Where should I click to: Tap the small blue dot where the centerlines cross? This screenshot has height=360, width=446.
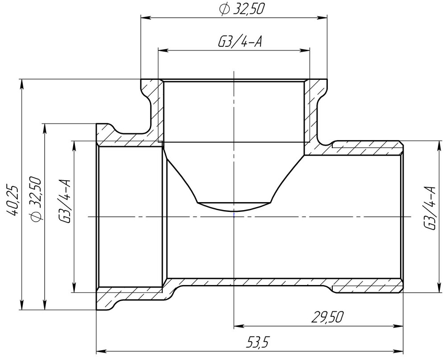pos(234,216)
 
